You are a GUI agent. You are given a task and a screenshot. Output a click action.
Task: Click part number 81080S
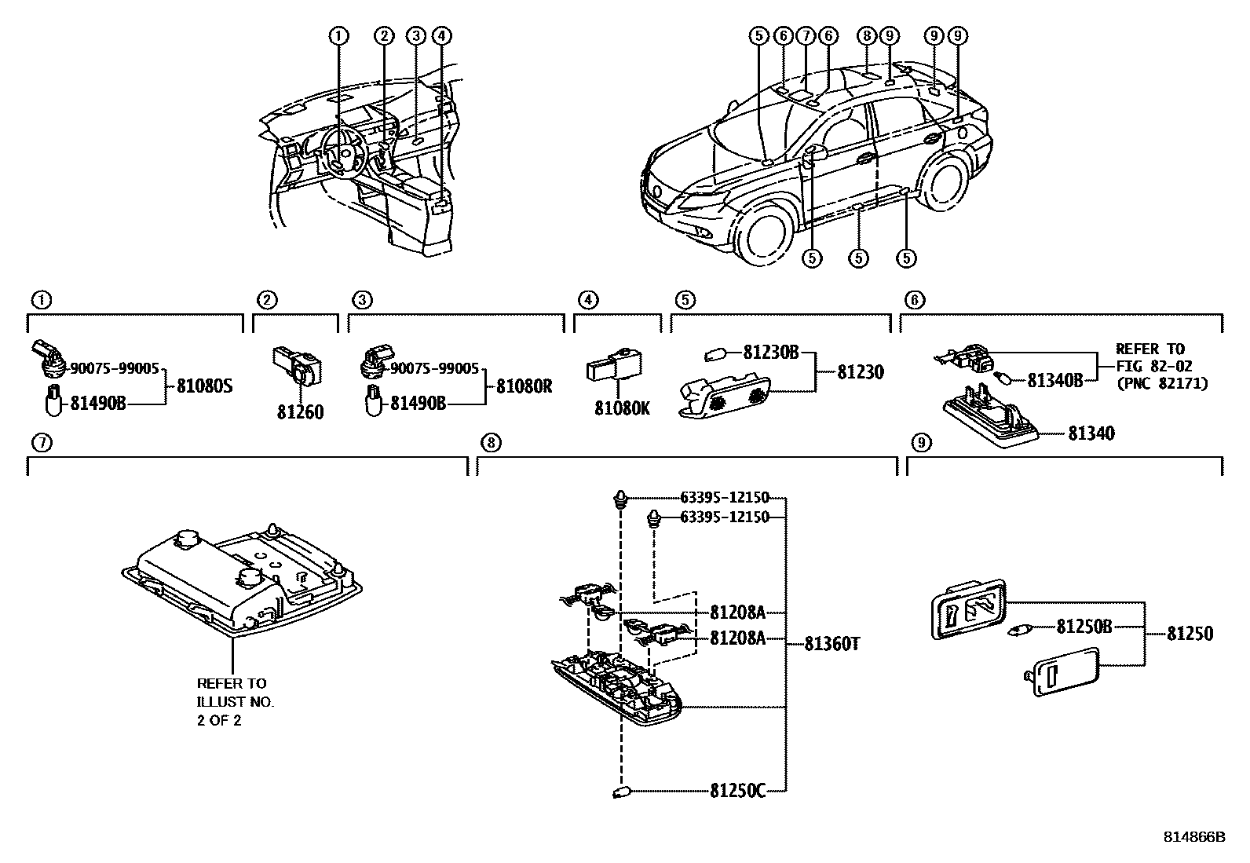point(204,386)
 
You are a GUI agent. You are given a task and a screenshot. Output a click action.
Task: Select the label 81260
point(299,411)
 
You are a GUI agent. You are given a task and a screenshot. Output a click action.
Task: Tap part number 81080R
point(524,386)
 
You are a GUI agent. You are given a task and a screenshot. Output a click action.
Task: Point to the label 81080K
point(622,408)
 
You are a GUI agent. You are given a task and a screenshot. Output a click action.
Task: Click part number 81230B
point(770,353)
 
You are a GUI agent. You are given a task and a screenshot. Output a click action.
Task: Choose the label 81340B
point(1055,380)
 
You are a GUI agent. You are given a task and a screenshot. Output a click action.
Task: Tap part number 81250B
point(1084,627)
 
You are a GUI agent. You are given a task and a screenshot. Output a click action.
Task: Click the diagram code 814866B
point(1193,837)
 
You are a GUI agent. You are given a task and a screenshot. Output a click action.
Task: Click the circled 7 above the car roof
point(805,35)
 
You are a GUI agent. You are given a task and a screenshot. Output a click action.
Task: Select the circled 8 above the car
point(866,35)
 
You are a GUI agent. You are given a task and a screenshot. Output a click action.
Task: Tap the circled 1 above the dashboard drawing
point(338,35)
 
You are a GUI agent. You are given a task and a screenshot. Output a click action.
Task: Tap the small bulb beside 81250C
point(622,792)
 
